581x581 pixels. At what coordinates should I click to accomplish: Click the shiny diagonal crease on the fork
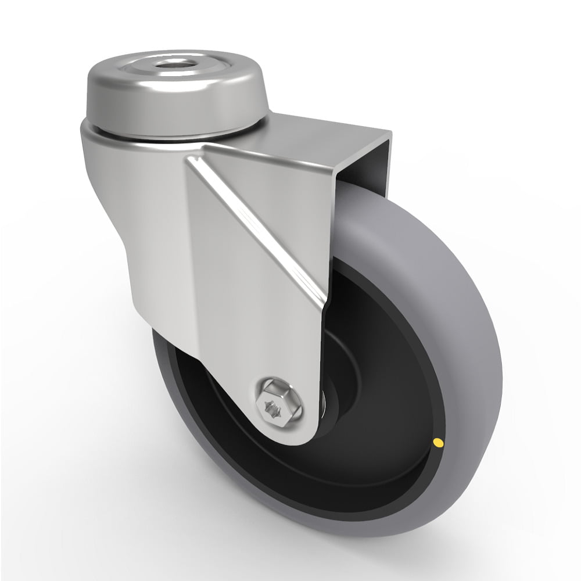[261, 227]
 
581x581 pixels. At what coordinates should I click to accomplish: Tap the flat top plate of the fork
[325, 131]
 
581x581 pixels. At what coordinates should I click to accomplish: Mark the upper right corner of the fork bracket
[388, 135]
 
